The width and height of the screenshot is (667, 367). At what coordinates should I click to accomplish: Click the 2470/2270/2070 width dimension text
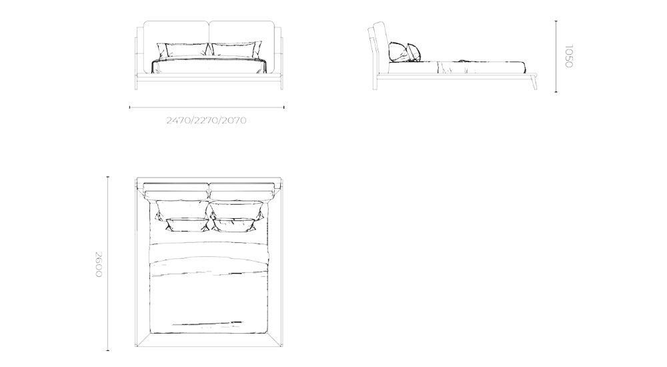(206, 121)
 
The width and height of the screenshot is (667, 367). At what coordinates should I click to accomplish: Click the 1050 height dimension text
(568, 56)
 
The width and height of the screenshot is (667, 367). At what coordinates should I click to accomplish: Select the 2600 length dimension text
(98, 264)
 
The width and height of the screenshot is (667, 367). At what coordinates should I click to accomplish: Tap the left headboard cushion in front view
(177, 32)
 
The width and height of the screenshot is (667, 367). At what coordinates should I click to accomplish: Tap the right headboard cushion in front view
(243, 32)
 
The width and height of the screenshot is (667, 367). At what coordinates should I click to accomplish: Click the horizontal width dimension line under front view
(206, 107)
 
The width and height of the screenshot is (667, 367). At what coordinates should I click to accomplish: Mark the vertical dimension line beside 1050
(556, 56)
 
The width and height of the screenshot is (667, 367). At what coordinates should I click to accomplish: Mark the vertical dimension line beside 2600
(108, 264)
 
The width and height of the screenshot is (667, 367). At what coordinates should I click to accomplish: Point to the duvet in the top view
(209, 294)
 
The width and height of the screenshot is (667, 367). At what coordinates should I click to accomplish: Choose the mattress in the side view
(467, 66)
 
